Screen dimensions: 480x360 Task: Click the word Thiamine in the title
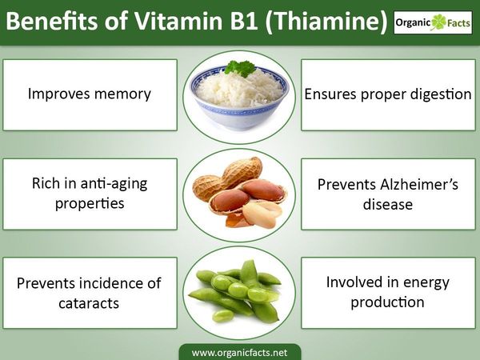(326, 21)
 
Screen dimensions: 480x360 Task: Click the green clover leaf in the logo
(438, 22)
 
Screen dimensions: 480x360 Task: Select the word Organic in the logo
(413, 22)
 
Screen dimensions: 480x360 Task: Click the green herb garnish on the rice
(240, 68)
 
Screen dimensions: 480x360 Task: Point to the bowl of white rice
(240, 98)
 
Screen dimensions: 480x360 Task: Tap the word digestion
(441, 94)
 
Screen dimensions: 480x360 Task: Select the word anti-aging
(114, 184)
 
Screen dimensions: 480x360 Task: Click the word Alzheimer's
(418, 185)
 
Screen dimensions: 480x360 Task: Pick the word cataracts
(89, 303)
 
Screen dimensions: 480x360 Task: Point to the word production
(387, 302)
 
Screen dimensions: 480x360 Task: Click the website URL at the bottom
(240, 353)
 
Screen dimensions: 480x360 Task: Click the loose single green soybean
(222, 316)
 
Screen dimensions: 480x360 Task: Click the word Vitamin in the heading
(178, 21)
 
